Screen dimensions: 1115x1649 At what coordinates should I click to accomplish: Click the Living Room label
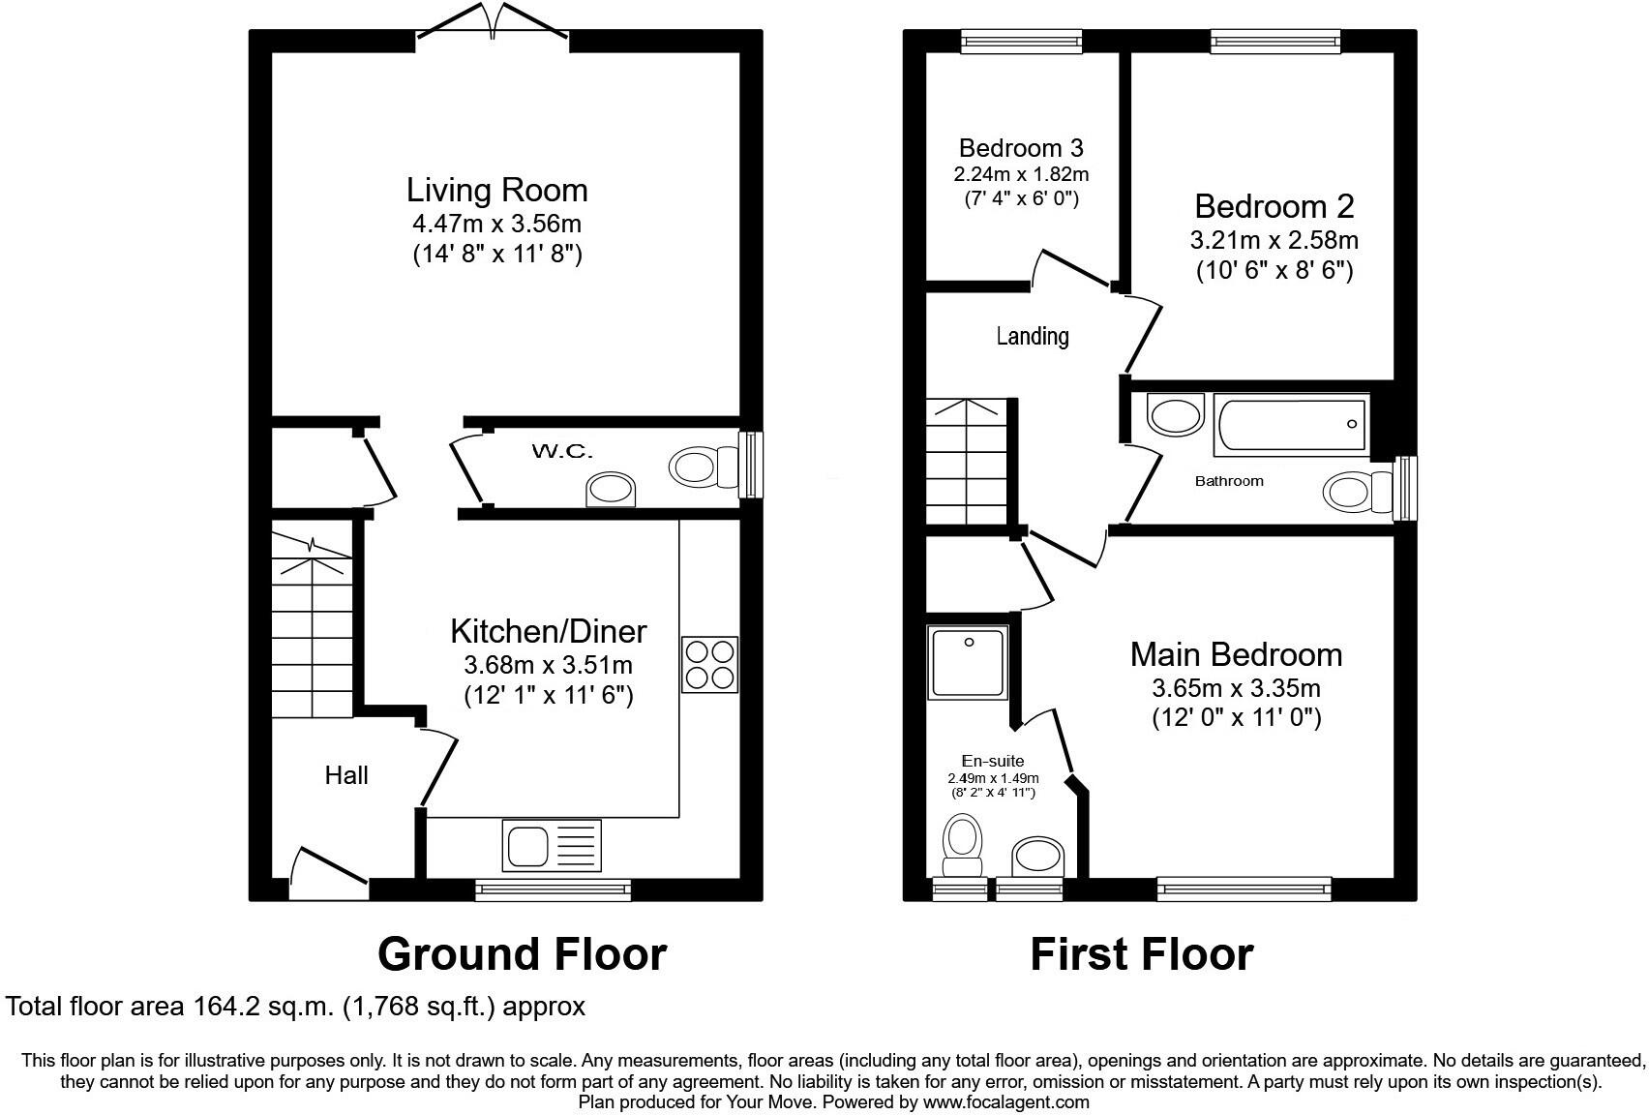coord(496,190)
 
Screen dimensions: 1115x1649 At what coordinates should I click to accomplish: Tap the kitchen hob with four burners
coord(709,664)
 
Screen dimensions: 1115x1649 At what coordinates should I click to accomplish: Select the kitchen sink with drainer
coord(552,844)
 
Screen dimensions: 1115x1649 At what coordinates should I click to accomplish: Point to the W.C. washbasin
coord(613,490)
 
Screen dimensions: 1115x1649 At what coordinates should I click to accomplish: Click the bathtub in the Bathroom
coord(1291,424)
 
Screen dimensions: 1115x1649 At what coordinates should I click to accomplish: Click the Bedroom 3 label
coord(1021,148)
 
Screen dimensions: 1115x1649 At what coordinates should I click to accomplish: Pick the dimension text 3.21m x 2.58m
coord(1274,239)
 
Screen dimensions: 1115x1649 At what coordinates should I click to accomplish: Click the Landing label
coord(1033,336)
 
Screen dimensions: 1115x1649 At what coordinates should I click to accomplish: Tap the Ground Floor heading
coord(522,954)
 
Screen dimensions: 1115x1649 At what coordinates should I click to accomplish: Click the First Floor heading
coord(1141,954)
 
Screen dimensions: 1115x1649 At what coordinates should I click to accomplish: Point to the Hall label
coord(346,775)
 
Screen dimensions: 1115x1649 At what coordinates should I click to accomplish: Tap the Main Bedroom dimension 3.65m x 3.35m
coord(1236,688)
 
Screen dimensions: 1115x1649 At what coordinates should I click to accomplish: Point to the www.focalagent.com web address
coord(1005,1101)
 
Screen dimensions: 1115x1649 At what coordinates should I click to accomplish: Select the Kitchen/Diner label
coord(548,631)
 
